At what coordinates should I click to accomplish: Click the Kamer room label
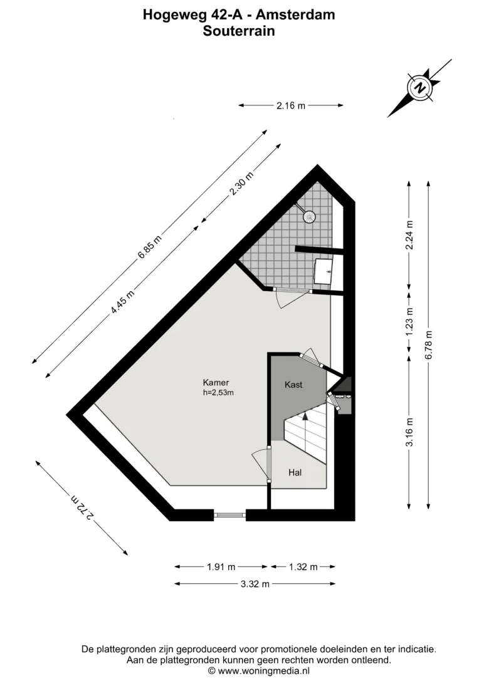coord(216,383)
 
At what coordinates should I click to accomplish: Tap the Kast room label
coord(293,385)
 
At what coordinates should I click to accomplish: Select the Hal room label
coord(295,472)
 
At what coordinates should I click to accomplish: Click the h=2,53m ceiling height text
coord(218,392)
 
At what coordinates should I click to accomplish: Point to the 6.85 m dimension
coord(149,247)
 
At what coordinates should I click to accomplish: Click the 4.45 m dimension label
coord(123,302)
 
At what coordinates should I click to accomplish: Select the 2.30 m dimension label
coord(241,183)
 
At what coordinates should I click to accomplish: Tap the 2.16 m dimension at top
coord(291,105)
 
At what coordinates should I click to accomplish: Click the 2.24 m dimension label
coord(409,235)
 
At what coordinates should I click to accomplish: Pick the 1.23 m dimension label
coord(409,322)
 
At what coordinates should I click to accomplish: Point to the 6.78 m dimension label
coord(429,344)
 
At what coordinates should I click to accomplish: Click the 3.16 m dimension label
coord(409,432)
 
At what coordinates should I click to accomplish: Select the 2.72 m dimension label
coord(82,507)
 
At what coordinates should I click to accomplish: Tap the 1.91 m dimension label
coord(221,567)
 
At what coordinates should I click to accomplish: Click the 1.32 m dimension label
coord(303,567)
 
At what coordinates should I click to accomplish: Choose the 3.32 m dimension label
coord(255,583)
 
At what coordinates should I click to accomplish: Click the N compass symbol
coord(420,87)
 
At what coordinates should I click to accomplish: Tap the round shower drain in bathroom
coord(310,216)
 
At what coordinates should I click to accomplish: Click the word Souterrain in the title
coord(239,31)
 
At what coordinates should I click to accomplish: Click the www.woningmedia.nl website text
coord(263,671)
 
